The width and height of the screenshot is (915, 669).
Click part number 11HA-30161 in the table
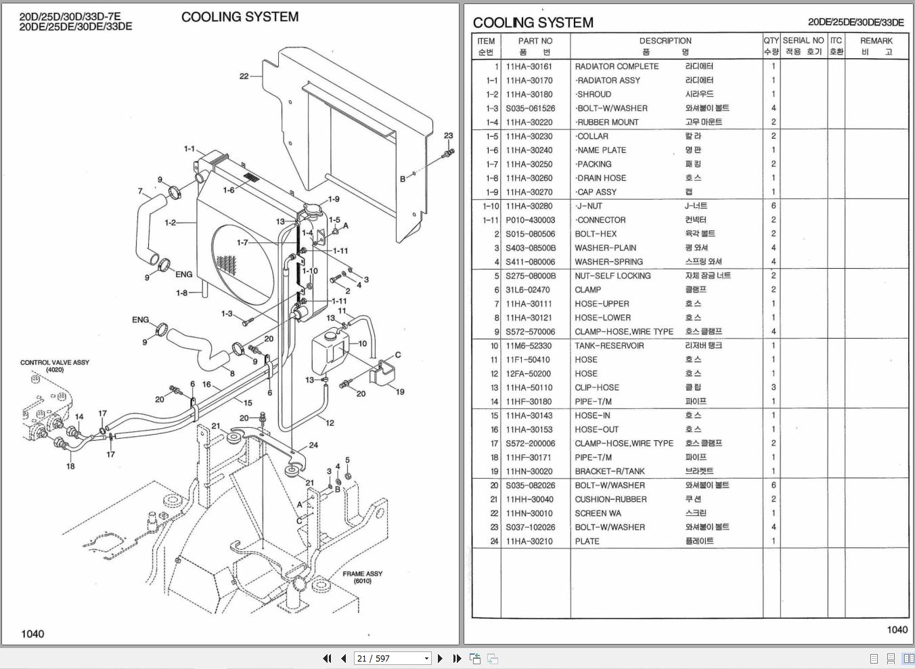(529, 66)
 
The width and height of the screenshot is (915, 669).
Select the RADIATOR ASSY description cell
(608, 81)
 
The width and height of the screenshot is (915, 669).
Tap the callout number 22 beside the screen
(244, 77)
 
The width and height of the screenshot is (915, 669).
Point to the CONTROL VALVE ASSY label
(55, 363)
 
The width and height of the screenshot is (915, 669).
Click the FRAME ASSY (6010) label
(362, 577)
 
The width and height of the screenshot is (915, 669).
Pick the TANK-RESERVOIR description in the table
(609, 346)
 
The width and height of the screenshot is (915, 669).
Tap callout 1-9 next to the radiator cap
(334, 200)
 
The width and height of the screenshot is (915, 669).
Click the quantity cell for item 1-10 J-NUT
(773, 206)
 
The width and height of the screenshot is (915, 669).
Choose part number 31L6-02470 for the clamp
(527, 290)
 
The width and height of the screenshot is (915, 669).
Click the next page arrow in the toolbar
(441, 658)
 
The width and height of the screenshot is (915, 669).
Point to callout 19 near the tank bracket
(400, 391)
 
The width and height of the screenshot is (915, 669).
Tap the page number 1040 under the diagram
(32, 634)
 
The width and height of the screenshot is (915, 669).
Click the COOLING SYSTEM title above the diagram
(240, 17)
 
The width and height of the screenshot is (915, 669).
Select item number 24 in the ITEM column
(494, 541)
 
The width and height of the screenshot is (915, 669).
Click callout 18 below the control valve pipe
(70, 466)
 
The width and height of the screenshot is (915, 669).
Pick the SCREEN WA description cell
(598, 513)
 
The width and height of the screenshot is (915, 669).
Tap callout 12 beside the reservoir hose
(330, 423)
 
